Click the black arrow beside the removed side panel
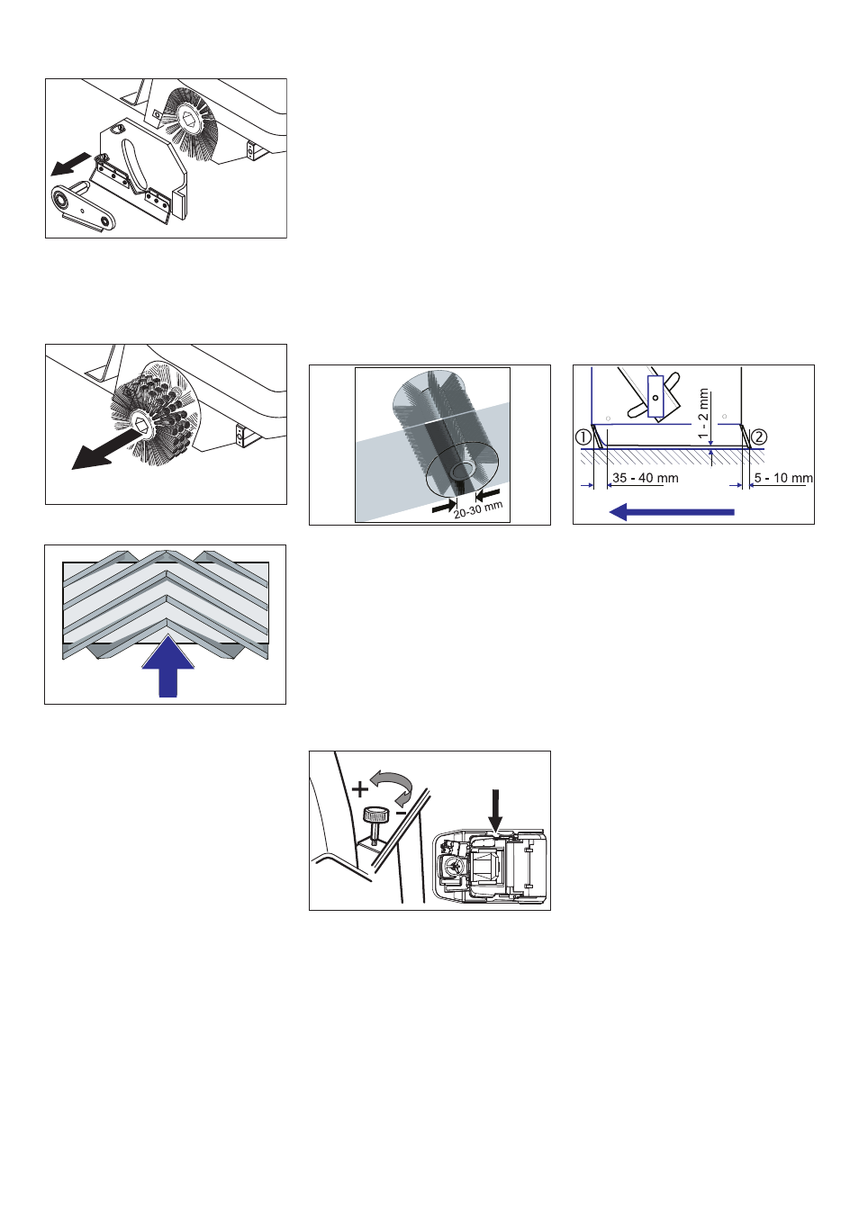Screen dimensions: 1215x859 coord(70,164)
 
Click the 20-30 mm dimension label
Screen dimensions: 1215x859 coord(478,509)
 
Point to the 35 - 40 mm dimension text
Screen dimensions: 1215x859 coord(645,478)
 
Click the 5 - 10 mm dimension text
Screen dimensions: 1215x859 coord(782,478)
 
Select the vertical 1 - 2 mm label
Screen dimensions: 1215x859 coord(703,413)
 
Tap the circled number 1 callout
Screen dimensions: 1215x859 coord(583,437)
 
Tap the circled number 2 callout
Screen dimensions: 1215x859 coord(759,437)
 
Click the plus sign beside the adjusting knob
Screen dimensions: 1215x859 coord(360,789)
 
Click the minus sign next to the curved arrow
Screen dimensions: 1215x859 coord(402,812)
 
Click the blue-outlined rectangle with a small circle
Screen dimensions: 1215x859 coord(656,397)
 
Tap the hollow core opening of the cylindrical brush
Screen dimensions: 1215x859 coord(464,472)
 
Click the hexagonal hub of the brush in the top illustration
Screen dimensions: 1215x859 coord(190,116)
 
